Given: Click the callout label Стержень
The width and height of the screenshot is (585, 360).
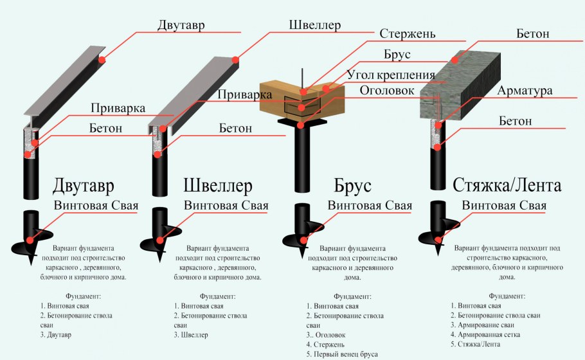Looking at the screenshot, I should (408, 33).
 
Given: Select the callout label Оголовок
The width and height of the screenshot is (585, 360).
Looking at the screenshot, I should (386, 90).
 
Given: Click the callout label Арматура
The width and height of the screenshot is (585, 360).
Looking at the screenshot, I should (524, 91).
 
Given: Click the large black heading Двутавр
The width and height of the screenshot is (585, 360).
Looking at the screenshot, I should (84, 186).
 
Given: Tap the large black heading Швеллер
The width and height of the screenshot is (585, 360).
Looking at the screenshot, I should (218, 186).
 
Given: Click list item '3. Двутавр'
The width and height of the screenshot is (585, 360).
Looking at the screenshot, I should (55, 336).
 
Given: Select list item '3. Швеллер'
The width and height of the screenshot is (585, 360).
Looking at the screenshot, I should (191, 335).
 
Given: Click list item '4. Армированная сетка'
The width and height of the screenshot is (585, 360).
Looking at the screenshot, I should (484, 335).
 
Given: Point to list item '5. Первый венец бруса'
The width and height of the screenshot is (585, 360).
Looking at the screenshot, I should (343, 354).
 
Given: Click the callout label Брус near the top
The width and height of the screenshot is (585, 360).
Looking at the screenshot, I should (397, 54).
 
